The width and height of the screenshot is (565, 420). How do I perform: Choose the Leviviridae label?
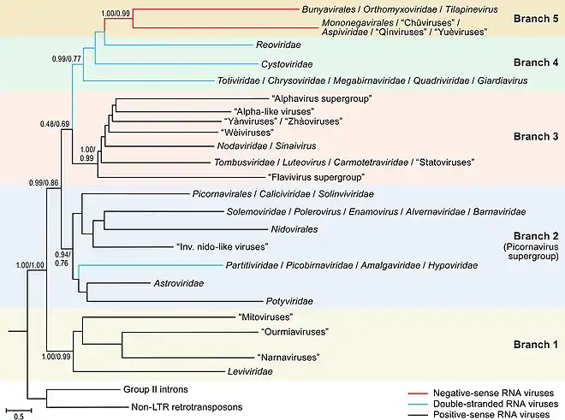point(249,372)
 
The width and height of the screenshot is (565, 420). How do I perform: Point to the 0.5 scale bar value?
point(17,415)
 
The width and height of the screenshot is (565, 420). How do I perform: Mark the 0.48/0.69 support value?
point(56,125)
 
